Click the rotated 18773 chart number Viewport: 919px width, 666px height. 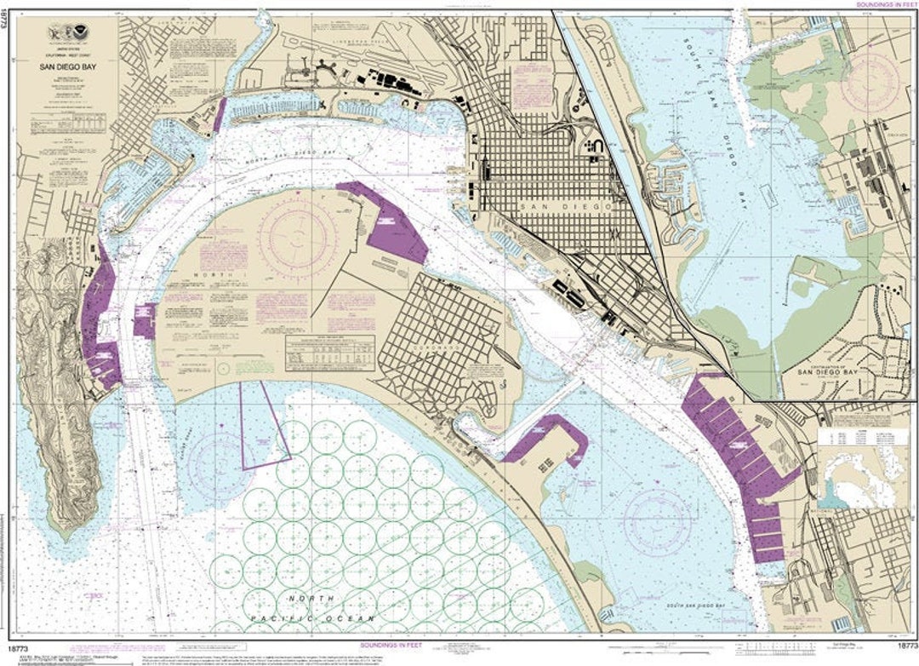point(6,22)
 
